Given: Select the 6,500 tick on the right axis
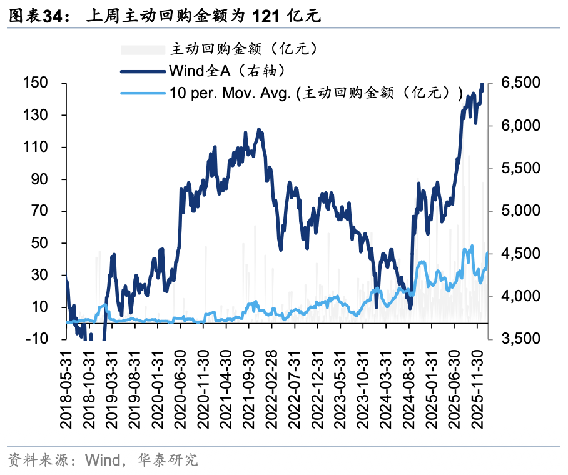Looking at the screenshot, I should tap(521, 83).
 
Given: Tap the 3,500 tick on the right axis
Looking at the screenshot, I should tap(521, 339).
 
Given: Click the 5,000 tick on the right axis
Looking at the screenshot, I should tap(521, 211).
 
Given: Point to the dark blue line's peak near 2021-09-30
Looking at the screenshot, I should tap(259, 129).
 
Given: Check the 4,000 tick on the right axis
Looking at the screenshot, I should tap(521, 296).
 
